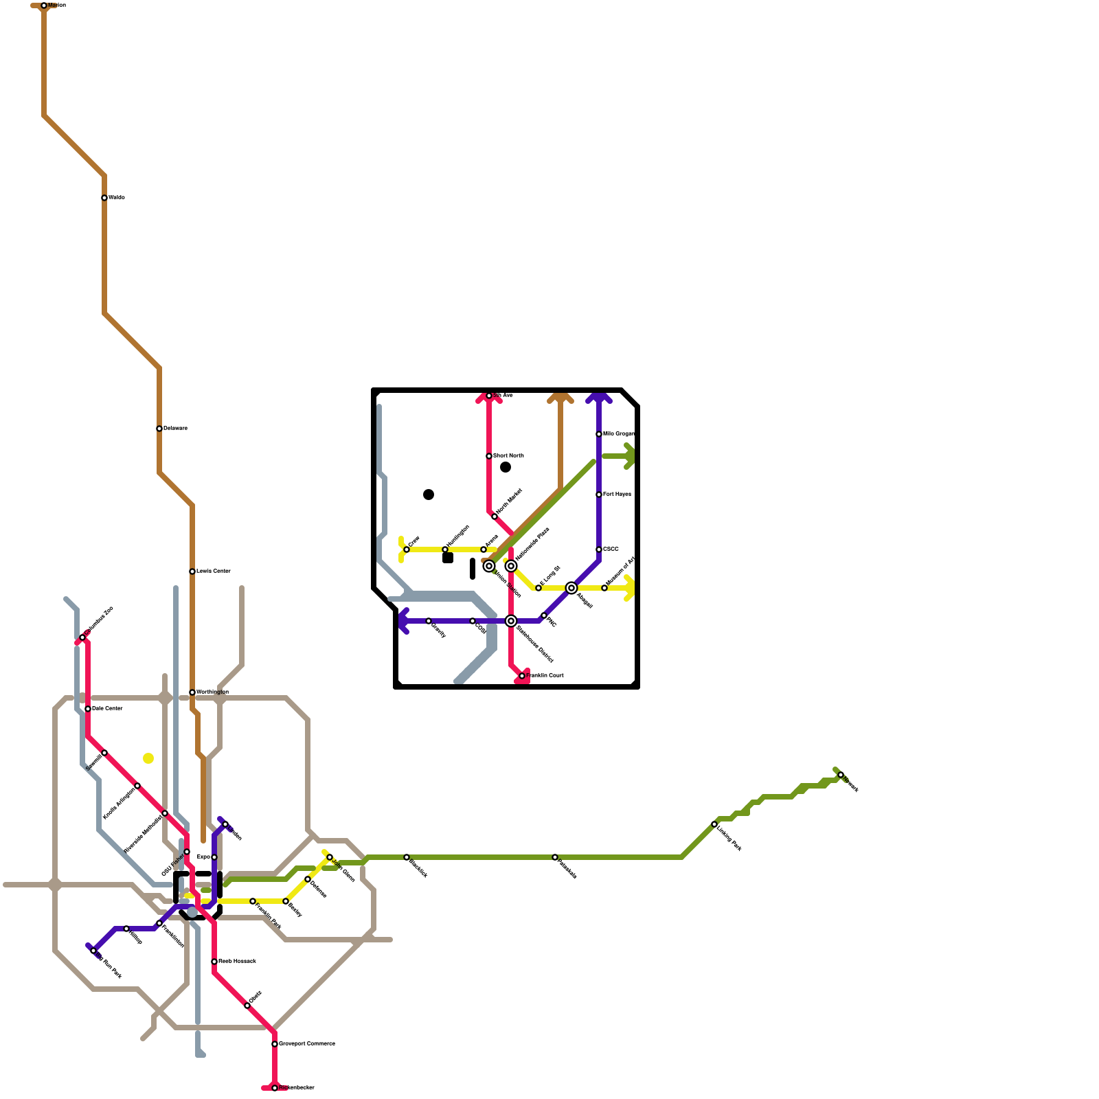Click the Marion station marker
point(44,5)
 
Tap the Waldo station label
point(117,198)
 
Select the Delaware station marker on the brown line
point(159,429)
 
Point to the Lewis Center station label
point(214,571)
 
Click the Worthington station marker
point(192,692)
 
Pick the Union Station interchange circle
point(489,566)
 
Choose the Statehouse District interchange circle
point(511,621)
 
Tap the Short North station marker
point(489,456)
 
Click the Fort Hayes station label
point(617,495)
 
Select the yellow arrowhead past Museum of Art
point(629,588)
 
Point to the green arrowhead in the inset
point(629,456)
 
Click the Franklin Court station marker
point(522,676)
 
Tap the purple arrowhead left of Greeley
point(403,621)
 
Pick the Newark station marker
point(841,775)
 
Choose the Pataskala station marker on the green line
point(555,857)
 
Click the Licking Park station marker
point(714,824)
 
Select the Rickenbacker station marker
point(275,1088)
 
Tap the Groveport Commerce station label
point(306,1044)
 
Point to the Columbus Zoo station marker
point(82,637)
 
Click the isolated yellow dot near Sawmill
point(148,758)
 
